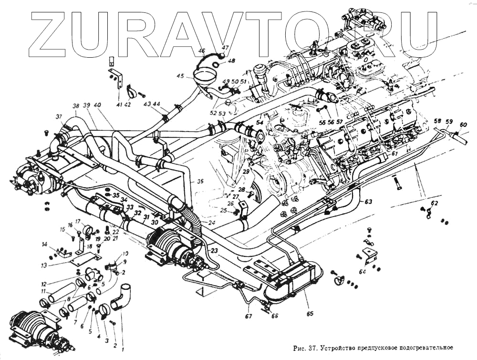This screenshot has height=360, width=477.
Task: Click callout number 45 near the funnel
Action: [179, 76]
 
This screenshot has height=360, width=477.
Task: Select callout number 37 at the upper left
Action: [59, 117]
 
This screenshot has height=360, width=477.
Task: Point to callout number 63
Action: [368, 201]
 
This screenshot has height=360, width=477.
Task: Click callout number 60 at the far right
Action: [463, 124]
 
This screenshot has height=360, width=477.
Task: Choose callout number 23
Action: [214, 250]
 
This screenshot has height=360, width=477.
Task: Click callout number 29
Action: [246, 171]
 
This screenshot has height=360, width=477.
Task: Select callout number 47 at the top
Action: [225, 48]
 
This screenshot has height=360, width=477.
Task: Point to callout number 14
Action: [44, 245]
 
